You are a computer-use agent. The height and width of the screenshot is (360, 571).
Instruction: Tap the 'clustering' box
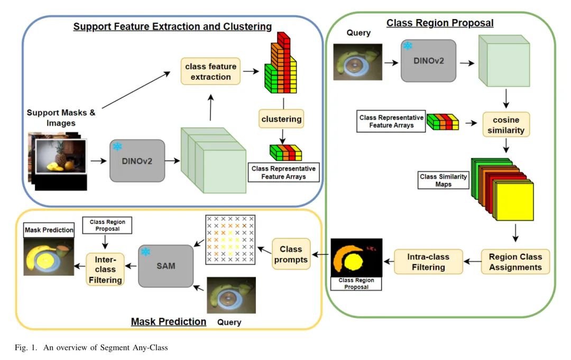pyautogui.click(x=281, y=119)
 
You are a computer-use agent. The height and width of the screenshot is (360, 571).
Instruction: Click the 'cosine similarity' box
pyautogui.click(x=506, y=124)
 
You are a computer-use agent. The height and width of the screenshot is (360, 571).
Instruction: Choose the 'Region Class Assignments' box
pyautogui.click(x=515, y=262)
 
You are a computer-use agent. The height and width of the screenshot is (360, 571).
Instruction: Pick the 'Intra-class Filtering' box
pyautogui.click(x=428, y=262)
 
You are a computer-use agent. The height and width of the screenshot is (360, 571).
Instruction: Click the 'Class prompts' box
pyautogui.click(x=291, y=254)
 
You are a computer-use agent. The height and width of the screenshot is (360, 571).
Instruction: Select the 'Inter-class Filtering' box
pyautogui.click(x=106, y=269)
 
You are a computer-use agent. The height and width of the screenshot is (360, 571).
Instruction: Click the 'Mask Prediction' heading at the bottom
pyautogui.click(x=168, y=321)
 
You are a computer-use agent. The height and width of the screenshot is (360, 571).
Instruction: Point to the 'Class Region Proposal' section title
pyautogui.click(x=440, y=23)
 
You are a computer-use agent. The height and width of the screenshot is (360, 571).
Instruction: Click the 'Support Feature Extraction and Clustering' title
pyautogui.click(x=172, y=26)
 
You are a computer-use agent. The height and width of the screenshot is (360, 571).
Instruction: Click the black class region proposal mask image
pyautogui.click(x=356, y=258)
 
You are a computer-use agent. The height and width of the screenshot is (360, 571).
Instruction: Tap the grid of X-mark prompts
pyautogui.click(x=230, y=239)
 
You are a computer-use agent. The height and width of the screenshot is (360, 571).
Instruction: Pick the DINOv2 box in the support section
pyautogui.click(x=137, y=160)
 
